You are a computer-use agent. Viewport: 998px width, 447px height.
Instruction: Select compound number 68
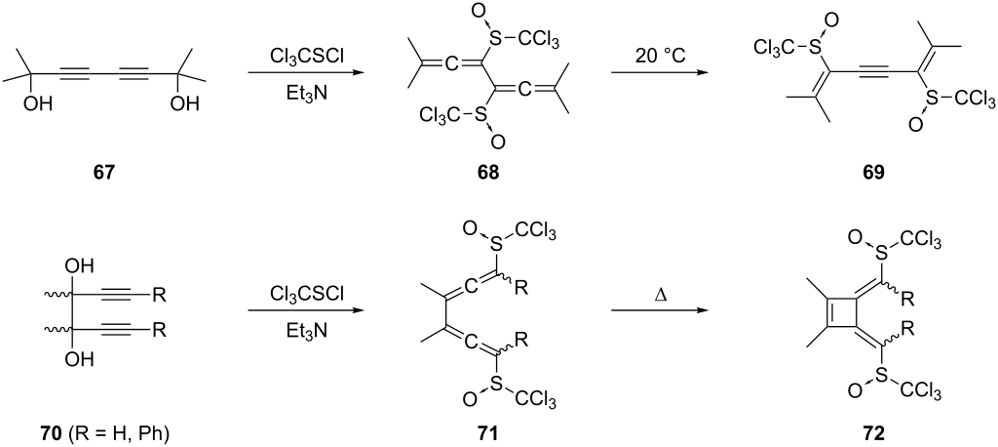click(489, 174)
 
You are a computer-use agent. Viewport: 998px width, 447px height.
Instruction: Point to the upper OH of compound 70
click(82, 264)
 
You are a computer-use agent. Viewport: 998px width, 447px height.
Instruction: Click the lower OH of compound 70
click(82, 359)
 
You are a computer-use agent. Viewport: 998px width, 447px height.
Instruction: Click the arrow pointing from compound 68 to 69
click(660, 73)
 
